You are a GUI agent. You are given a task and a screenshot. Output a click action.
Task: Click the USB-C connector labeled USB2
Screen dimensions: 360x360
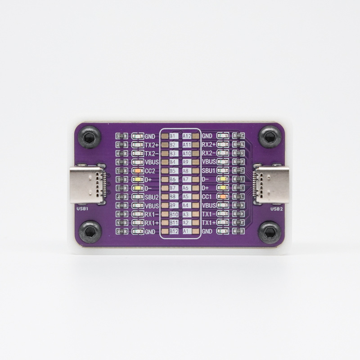coord(273,184)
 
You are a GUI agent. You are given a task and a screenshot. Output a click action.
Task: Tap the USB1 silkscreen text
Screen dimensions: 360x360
coord(82,209)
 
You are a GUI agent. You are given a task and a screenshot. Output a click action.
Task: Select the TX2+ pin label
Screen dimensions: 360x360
coord(152,145)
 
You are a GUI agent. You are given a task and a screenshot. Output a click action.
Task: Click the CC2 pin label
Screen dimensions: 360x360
coord(150,171)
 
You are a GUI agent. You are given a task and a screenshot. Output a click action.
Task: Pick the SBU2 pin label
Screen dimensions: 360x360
coord(152,197)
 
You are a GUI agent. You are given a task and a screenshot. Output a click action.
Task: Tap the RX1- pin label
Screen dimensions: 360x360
coord(152,214)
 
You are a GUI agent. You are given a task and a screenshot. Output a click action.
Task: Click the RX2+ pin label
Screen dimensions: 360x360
coord(209,145)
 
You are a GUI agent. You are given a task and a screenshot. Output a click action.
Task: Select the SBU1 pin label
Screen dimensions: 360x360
coord(208,171)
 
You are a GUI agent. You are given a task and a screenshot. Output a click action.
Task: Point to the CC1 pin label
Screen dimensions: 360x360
coord(207,197)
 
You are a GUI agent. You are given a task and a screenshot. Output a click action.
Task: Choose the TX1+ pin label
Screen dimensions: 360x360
coord(208,223)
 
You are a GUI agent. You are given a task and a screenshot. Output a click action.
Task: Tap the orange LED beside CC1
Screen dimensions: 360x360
coord(222,197)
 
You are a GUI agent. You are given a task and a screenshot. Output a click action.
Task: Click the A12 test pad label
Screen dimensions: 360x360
coord(187,136)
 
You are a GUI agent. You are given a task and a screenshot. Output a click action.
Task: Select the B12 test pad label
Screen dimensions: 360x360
coord(174,231)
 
